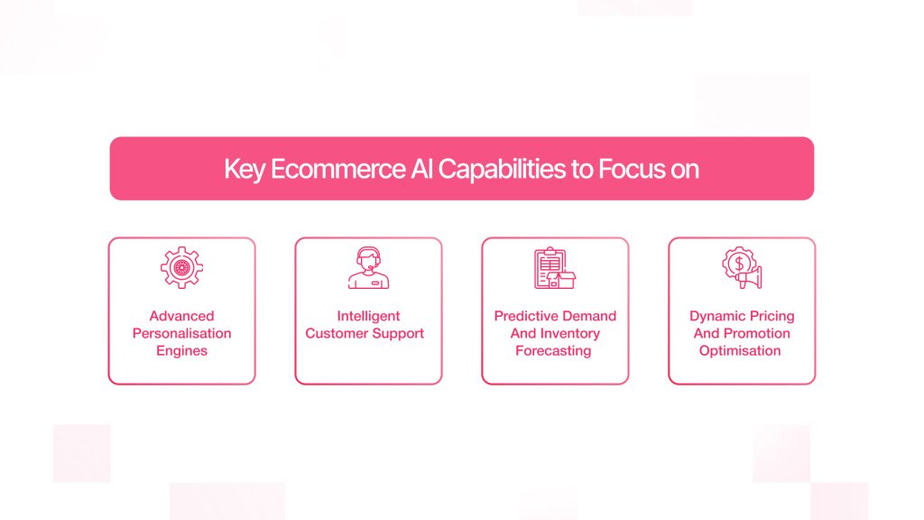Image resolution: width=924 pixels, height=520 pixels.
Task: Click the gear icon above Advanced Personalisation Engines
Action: tap(181, 267)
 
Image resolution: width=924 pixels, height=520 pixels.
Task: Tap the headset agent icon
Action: tap(368, 267)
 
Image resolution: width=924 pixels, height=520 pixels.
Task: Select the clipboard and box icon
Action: tap(555, 267)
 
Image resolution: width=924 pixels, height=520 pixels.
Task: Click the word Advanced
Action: tap(181, 316)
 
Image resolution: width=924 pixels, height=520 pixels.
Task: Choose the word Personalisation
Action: tap(181, 333)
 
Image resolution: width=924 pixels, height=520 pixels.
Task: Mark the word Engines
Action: tap(181, 350)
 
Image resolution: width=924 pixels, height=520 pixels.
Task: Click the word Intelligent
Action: tap(368, 316)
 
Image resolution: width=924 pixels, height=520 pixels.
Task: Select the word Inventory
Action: tap(570, 333)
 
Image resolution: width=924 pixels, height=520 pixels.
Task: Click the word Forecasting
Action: tap(553, 350)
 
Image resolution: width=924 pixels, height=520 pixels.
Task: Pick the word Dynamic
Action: tap(713, 316)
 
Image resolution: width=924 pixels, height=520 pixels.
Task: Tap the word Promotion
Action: tap(756, 333)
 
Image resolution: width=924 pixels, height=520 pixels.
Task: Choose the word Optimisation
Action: tap(740, 350)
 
